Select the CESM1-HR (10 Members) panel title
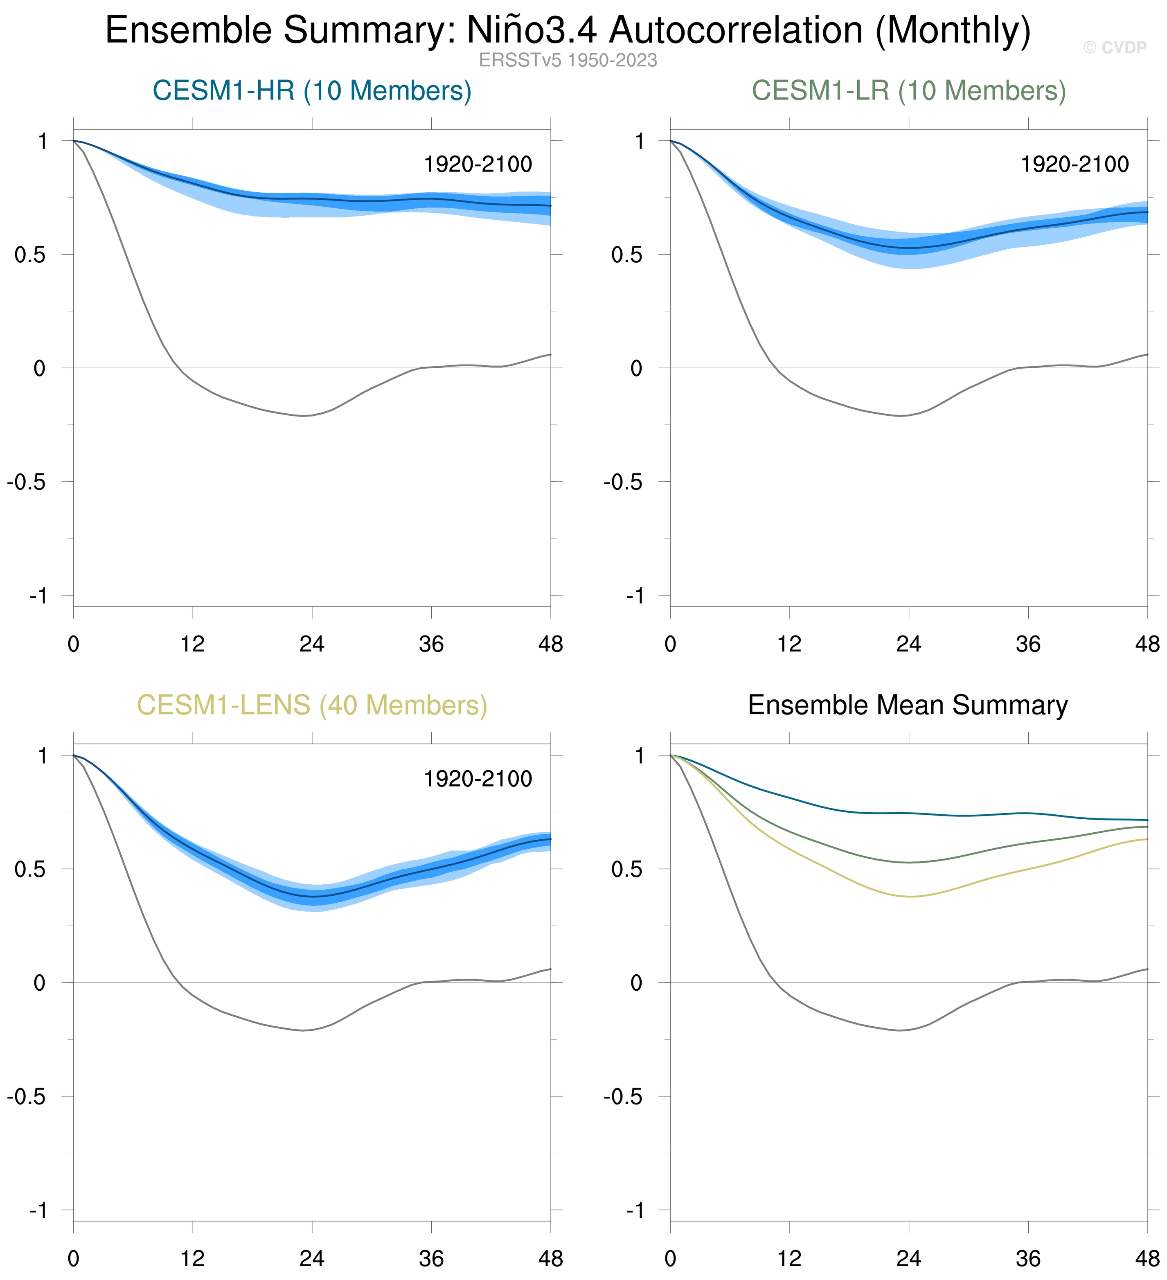click(312, 91)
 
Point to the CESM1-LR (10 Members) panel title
click(908, 91)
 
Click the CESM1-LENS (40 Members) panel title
click(312, 705)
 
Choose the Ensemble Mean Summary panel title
click(908, 705)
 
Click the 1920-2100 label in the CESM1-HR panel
click(478, 165)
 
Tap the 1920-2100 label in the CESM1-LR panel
click(1074, 165)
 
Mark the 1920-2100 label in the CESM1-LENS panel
click(478, 779)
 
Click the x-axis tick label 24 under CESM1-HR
click(312, 645)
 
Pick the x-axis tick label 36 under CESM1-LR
click(1028, 645)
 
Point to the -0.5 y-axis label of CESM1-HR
click(27, 482)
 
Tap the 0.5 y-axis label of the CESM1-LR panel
click(627, 255)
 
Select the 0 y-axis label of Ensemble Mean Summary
click(636, 983)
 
